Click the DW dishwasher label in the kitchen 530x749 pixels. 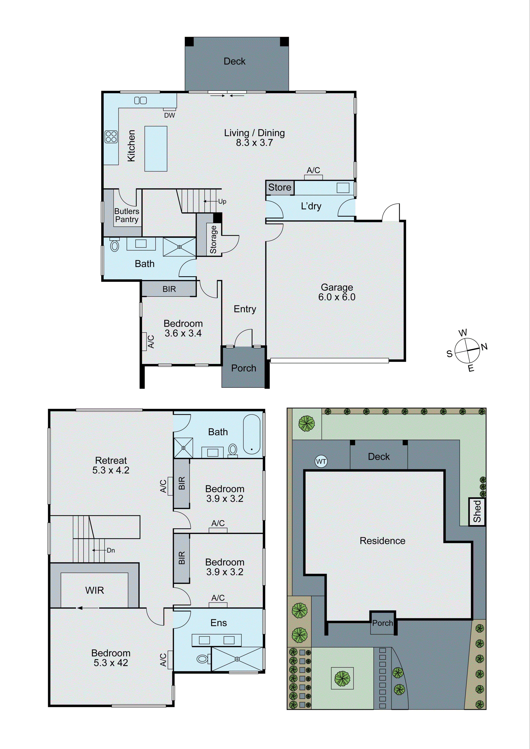pos(169,115)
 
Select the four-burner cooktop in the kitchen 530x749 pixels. pos(111,137)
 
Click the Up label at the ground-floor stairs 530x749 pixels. pos(222,201)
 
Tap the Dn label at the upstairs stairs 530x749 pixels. pos(111,550)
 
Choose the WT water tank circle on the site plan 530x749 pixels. pos(321,461)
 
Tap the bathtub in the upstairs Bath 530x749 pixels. pos(252,435)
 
